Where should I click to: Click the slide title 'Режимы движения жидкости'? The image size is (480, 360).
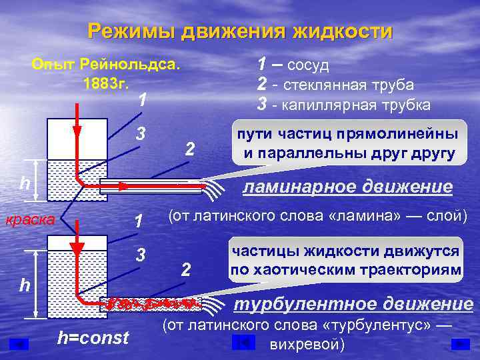[x=240, y=31]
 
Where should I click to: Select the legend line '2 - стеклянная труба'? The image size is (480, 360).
[x=335, y=85]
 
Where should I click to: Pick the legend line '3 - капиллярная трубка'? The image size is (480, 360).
[x=343, y=105]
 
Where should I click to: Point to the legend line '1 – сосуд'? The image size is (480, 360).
[x=293, y=65]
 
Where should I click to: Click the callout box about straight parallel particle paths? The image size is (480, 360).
[x=344, y=144]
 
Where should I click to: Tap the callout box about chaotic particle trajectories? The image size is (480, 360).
[x=345, y=261]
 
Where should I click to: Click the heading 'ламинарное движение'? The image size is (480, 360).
[x=347, y=187]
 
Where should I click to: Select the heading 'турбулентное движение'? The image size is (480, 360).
[x=353, y=304]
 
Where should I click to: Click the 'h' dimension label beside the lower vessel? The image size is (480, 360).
[x=24, y=285]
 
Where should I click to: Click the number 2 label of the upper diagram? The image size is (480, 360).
[x=189, y=150]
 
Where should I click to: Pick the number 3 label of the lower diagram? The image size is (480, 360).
[x=141, y=254]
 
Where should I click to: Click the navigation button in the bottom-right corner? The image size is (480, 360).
[x=460, y=344]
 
